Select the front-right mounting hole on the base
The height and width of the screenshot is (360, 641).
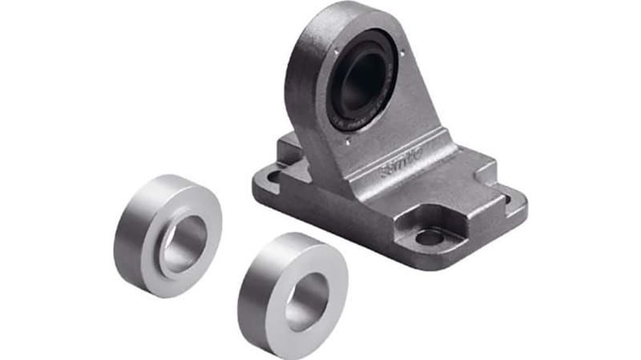(x=429, y=237)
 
